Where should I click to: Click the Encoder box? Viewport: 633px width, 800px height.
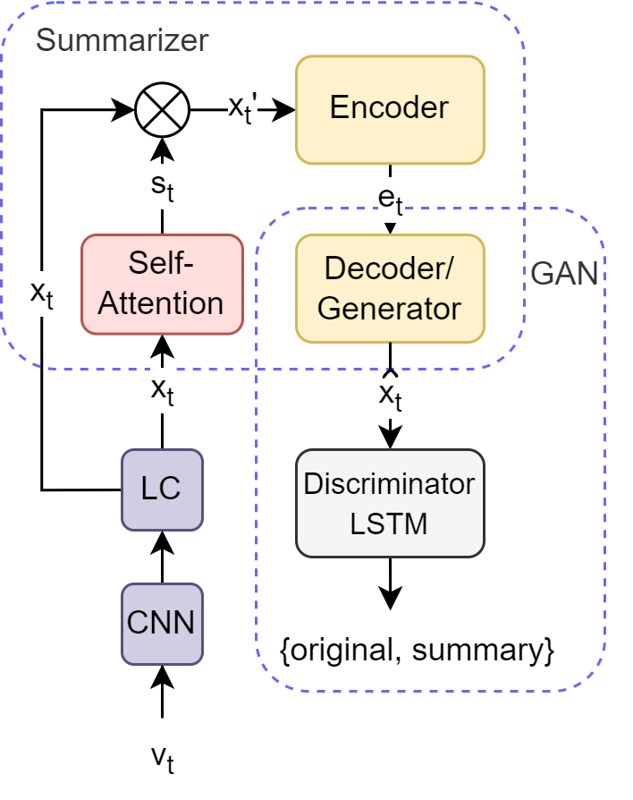click(390, 109)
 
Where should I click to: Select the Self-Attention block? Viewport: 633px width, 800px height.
click(162, 284)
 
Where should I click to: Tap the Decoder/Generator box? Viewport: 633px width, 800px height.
click(390, 288)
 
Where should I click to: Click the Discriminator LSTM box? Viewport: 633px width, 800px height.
click(390, 503)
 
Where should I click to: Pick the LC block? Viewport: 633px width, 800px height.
click(162, 489)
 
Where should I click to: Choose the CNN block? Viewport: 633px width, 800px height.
click(162, 624)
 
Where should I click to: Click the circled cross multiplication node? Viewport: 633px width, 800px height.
click(162, 110)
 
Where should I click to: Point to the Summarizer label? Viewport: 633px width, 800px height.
click(122, 40)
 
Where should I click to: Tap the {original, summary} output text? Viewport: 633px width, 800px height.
click(418, 650)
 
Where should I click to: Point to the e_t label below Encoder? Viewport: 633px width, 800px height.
click(390, 200)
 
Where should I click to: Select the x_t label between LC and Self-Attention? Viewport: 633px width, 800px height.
click(162, 391)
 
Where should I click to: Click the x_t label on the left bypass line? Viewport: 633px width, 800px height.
click(41, 294)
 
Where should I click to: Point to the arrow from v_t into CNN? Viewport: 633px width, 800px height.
click(162, 691)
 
